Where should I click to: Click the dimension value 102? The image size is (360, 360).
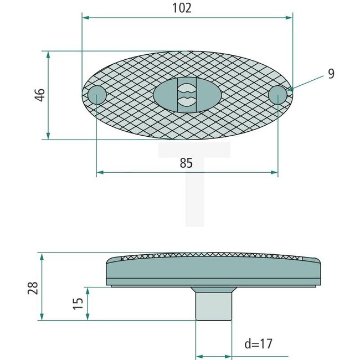pyautogui.click(x=182, y=8)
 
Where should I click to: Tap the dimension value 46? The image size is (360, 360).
pyautogui.click(x=39, y=95)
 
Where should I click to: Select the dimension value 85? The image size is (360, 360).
pyautogui.click(x=186, y=163)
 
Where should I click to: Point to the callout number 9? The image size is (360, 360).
pyautogui.click(x=331, y=74)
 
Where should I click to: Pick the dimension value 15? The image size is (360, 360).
pyautogui.click(x=78, y=303)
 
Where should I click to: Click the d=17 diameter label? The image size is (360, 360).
pyautogui.click(x=259, y=344)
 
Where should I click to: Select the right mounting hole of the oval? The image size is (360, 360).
pyautogui.click(x=277, y=95)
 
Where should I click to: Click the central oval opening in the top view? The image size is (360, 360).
pyautogui.click(x=187, y=95)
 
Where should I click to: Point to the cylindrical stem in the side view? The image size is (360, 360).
pyautogui.click(x=213, y=306)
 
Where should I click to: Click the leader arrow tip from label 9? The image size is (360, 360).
pyautogui.click(x=289, y=89)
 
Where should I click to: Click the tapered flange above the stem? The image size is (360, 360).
pyautogui.click(x=213, y=290)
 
